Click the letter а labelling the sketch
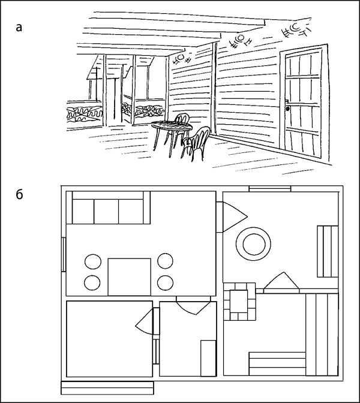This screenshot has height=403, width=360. [x=19, y=27]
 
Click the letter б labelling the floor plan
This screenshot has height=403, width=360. [x=19, y=194]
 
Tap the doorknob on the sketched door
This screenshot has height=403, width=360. [x=287, y=109]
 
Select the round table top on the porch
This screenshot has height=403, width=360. [x=172, y=126]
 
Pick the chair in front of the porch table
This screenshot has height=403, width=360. [x=196, y=143]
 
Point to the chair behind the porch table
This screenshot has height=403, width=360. [x=181, y=119]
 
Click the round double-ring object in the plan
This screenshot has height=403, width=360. [x=253, y=244]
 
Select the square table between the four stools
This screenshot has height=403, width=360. [x=130, y=277]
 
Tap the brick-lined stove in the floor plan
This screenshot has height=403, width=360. [x=239, y=301]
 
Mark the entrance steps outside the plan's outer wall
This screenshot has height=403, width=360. [x=107, y=388]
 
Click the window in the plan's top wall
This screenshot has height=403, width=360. [x=270, y=189]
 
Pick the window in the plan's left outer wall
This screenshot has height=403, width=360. [x=64, y=254]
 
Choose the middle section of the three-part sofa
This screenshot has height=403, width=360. [x=106, y=211]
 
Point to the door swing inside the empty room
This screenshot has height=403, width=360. [x=144, y=321]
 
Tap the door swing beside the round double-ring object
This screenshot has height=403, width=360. [x=235, y=216]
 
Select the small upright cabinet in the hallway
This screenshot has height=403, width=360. [x=208, y=358]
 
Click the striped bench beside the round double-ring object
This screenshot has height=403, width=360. [x=328, y=251]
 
